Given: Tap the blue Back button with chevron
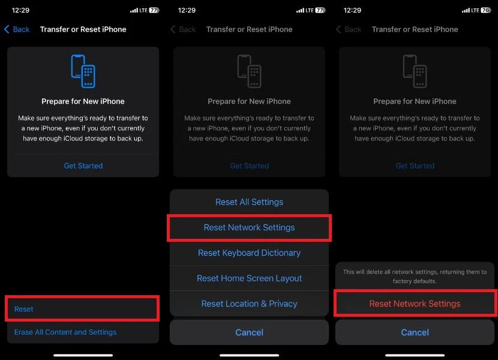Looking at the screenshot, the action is [x=17, y=29].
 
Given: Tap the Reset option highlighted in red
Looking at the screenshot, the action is [x=24, y=309].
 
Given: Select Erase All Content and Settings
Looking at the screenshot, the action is [x=65, y=332].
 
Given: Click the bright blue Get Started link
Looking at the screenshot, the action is [x=83, y=166].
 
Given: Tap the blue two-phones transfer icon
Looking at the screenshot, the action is [x=83, y=71].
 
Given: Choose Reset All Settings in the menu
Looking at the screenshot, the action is [x=250, y=202].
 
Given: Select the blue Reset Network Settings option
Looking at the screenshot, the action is [x=250, y=227].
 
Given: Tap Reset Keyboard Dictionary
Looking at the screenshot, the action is [x=250, y=253].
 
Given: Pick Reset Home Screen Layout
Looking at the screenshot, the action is [x=250, y=278].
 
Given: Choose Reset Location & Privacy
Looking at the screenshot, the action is [x=250, y=304].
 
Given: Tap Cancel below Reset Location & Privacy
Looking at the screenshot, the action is [x=250, y=332].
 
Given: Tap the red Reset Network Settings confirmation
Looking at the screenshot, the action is [x=415, y=304].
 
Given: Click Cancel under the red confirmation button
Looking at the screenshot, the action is [x=415, y=332].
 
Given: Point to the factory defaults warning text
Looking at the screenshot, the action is [x=415, y=277].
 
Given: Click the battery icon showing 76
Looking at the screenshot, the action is [x=486, y=10].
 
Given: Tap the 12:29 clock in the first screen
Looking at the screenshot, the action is [x=20, y=10].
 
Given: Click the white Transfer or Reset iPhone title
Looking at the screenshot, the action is [x=83, y=29].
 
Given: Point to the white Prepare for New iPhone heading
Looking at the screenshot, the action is [x=83, y=101].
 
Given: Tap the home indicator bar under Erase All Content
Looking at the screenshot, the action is [x=83, y=355].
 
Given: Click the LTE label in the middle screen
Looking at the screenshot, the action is [x=310, y=10].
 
